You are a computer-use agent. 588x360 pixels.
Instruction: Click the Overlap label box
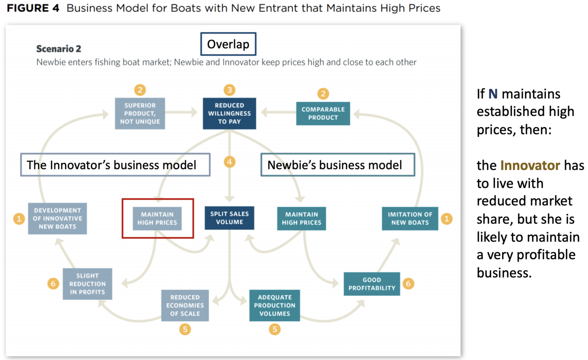pyautogui.click(x=228, y=45)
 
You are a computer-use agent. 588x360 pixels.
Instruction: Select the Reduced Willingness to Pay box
pyautogui.click(x=229, y=113)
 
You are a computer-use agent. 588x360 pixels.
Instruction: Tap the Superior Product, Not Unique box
pyautogui.click(x=140, y=113)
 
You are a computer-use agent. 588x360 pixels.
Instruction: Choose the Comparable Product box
pyautogui.click(x=323, y=113)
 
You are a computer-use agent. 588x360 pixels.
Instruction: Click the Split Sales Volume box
pyautogui.click(x=229, y=218)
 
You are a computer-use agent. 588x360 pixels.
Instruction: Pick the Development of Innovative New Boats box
pyautogui.click(x=57, y=219)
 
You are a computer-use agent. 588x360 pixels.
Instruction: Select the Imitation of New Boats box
pyautogui.click(x=410, y=219)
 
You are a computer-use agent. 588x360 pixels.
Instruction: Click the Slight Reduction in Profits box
pyautogui.click(x=87, y=284)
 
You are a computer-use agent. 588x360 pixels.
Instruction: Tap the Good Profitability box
pyautogui.click(x=372, y=284)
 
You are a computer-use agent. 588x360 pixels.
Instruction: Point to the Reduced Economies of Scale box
pyautogui.click(x=185, y=305)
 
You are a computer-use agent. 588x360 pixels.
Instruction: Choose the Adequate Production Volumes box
pyautogui.click(x=275, y=305)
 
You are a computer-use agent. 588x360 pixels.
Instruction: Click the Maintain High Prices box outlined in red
pyautogui.click(x=157, y=219)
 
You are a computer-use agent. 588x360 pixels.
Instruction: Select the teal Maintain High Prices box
pyautogui.click(x=301, y=219)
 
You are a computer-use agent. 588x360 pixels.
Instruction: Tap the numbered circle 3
pyautogui.click(x=229, y=90)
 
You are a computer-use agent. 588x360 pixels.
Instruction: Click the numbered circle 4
pyautogui.click(x=229, y=162)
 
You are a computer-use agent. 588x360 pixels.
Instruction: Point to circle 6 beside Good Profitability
pyautogui.click(x=408, y=283)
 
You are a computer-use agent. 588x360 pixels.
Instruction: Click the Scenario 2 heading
pyautogui.click(x=59, y=49)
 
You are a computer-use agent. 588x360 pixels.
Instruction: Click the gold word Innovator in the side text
pyautogui.click(x=530, y=165)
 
